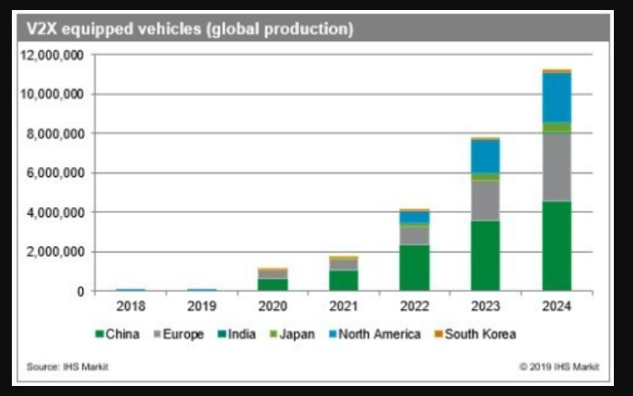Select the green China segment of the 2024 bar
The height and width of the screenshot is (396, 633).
tap(556, 245)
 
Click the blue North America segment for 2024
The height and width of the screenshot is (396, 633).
tap(556, 97)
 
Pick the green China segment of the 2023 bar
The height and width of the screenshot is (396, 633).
tap(485, 255)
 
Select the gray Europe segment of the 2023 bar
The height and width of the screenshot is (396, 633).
tap(485, 200)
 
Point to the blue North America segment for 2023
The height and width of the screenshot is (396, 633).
tap(485, 156)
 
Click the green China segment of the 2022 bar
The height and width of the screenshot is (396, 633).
tap(414, 267)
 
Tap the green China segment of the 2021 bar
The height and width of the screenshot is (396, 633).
tap(344, 280)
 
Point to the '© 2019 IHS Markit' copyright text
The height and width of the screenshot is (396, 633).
tap(558, 367)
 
